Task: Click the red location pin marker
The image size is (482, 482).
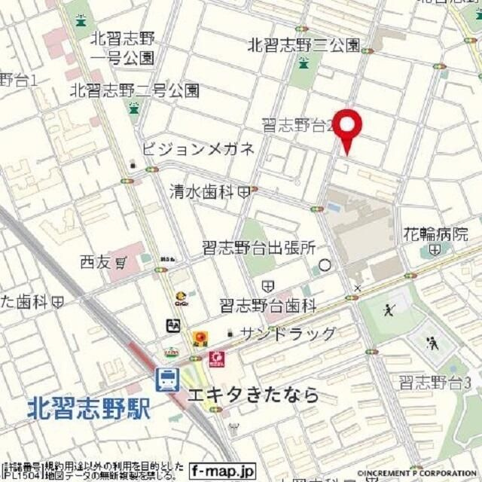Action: [347, 130]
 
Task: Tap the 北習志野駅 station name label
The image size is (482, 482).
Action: [89, 409]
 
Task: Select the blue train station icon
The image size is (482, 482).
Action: [166, 380]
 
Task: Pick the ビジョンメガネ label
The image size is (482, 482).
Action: [197, 148]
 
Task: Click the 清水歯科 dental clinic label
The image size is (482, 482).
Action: [202, 192]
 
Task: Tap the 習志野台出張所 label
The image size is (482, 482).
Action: [258, 249]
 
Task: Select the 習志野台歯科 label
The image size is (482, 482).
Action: [268, 305]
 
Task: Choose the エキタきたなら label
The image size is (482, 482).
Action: [252, 394]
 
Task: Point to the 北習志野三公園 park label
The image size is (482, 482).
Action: [304, 45]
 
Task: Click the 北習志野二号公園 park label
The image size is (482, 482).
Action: [135, 90]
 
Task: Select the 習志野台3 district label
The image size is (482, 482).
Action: [435, 382]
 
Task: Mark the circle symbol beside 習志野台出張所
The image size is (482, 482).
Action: [325, 265]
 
